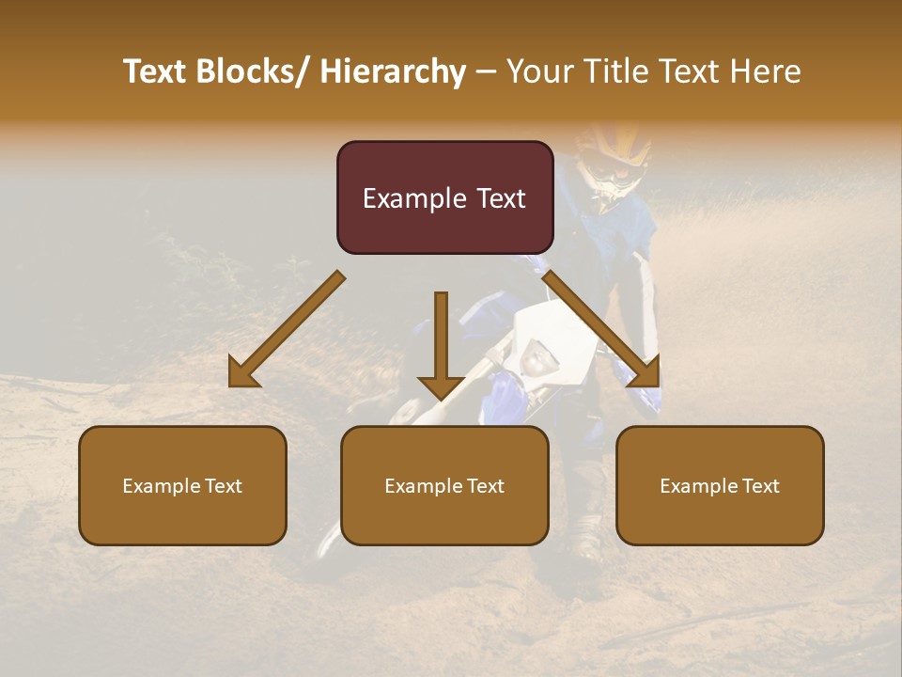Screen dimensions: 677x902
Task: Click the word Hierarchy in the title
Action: tap(393, 71)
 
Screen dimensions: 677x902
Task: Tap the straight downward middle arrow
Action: tap(441, 338)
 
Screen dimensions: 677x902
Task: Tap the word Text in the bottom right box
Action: tap(761, 486)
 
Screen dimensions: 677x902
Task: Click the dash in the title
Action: tap(486, 71)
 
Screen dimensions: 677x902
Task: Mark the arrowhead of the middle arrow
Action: tap(441, 386)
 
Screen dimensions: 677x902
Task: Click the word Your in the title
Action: tap(537, 71)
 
